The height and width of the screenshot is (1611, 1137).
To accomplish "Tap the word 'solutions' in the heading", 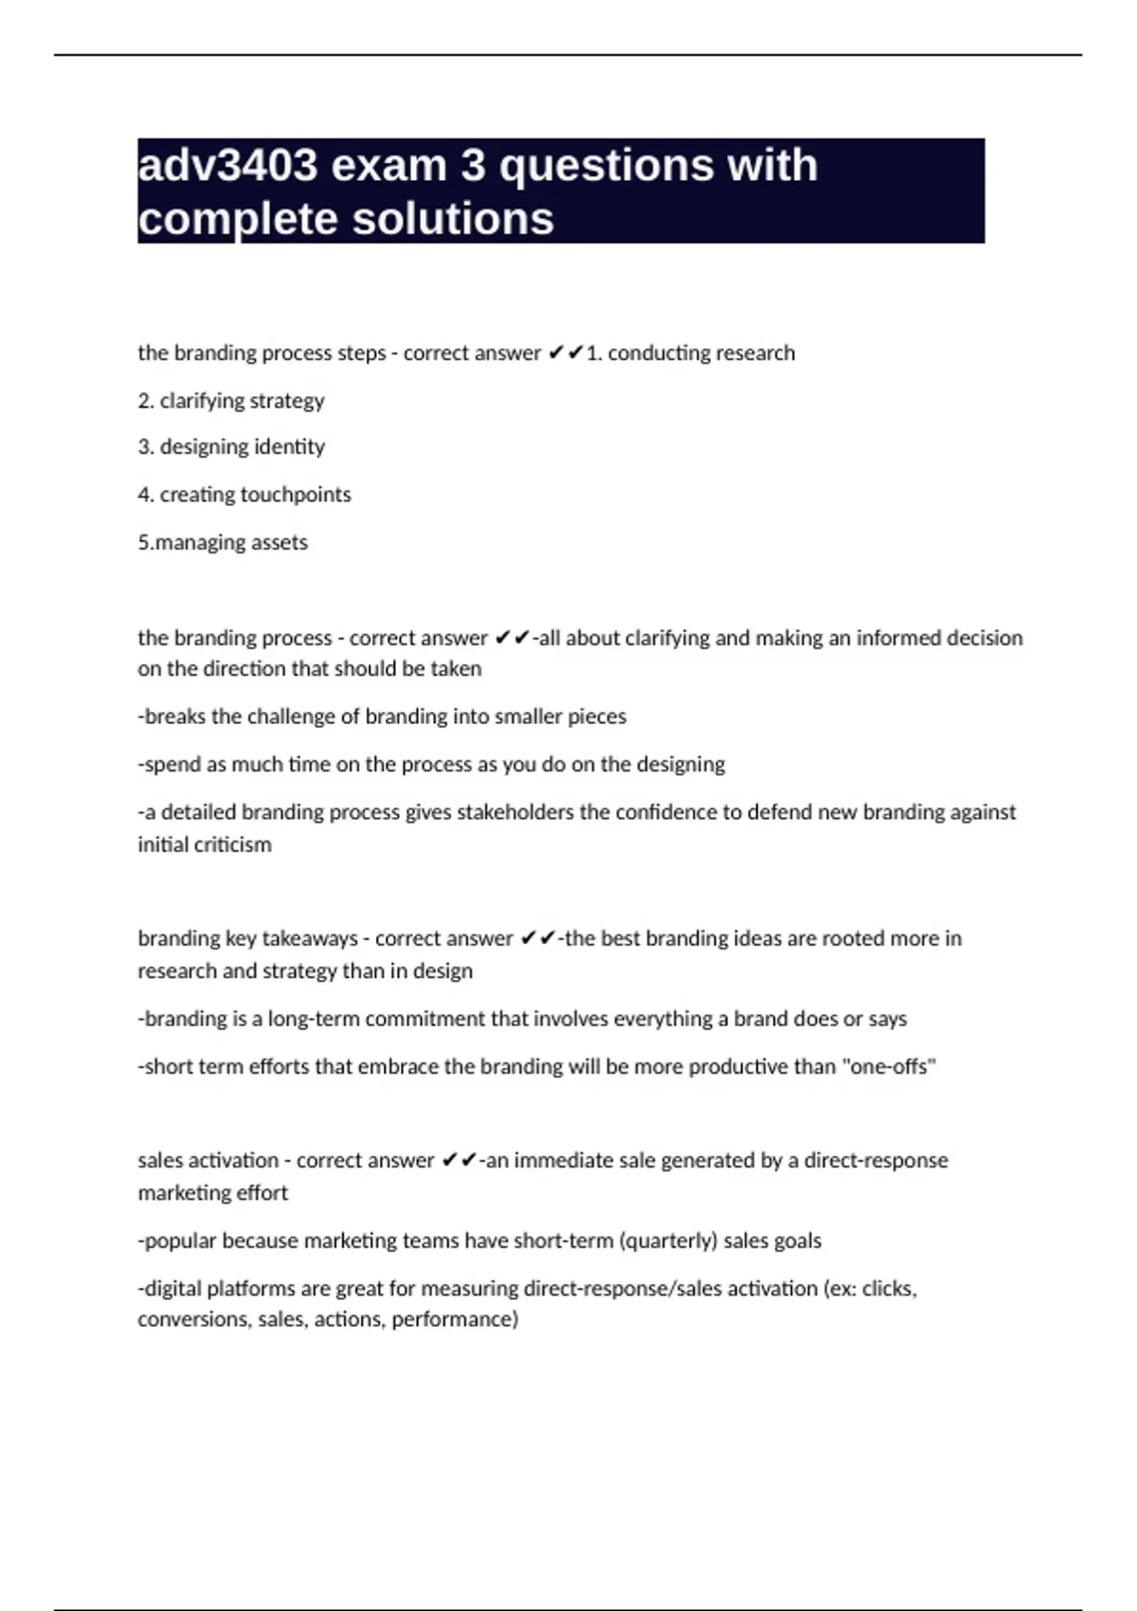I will [453, 219].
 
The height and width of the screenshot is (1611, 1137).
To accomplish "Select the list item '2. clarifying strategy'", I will [231, 401].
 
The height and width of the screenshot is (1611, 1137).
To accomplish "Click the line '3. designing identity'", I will [231, 446].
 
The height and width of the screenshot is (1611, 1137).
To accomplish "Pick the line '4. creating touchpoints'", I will [244, 495].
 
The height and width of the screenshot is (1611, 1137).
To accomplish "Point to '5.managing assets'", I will [223, 542].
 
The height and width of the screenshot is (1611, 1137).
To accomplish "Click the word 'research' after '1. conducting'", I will [754, 353].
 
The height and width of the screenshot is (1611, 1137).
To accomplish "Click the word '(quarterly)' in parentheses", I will [668, 1240].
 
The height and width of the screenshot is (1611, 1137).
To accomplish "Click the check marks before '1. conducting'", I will [566, 353].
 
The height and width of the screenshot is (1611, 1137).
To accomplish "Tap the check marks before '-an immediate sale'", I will [460, 1160].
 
